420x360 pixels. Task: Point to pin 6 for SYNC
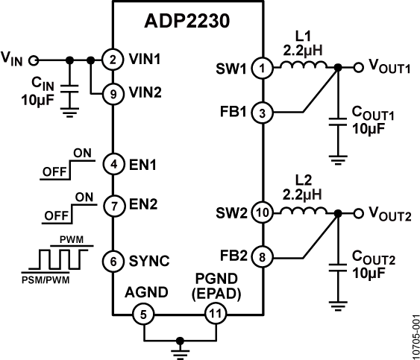click(x=111, y=260)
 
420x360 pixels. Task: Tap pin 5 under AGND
click(x=142, y=315)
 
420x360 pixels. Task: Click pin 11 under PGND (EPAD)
click(x=215, y=315)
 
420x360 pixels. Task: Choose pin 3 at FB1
click(x=263, y=113)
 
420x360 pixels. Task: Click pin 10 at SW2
click(x=263, y=212)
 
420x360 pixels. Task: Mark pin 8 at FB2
click(x=263, y=258)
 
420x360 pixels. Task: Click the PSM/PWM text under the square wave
click(x=47, y=273)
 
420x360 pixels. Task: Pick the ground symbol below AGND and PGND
click(x=179, y=345)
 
